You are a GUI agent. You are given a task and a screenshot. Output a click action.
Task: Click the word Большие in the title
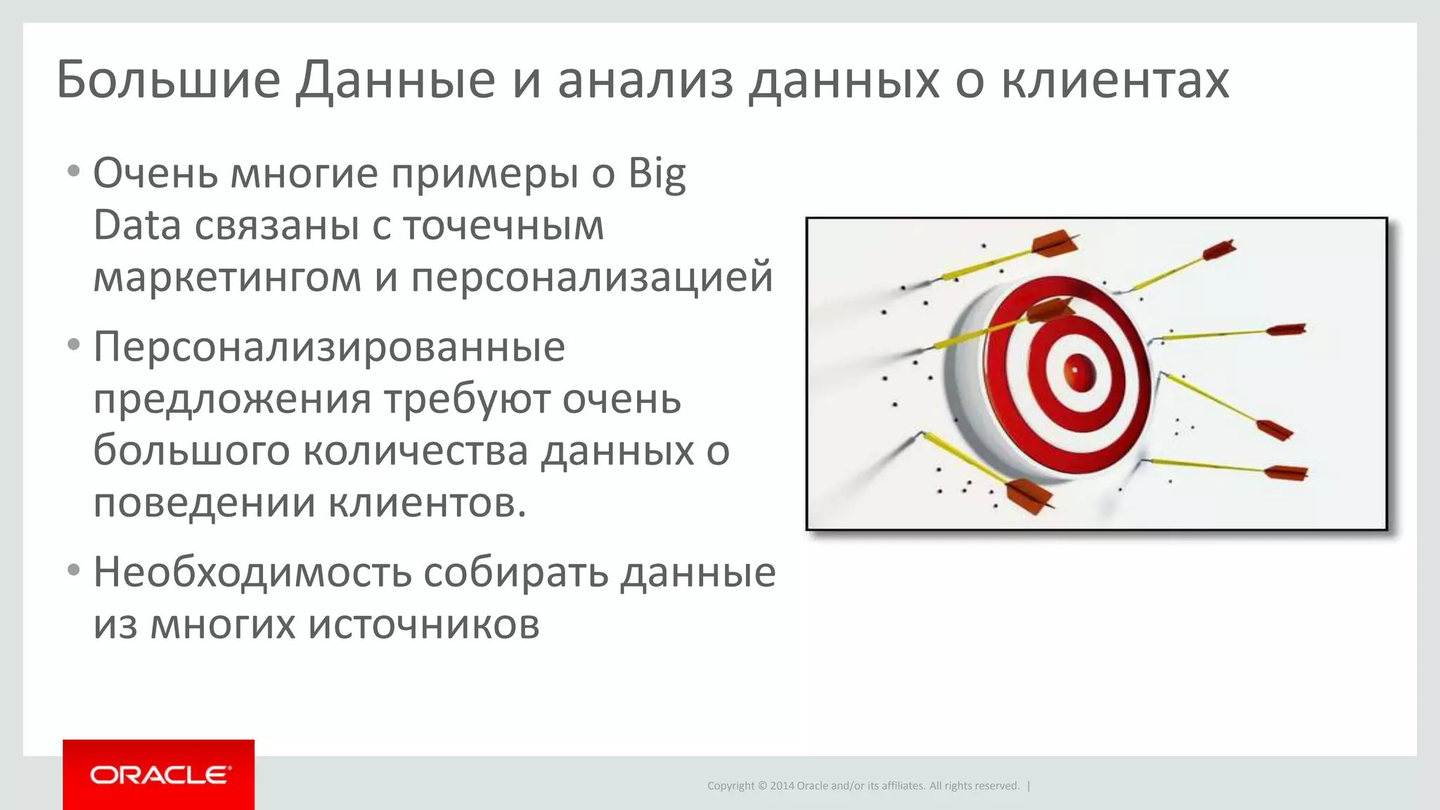(169, 80)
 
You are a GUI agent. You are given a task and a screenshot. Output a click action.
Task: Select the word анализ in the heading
(645, 80)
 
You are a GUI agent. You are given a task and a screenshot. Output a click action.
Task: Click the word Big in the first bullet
(657, 174)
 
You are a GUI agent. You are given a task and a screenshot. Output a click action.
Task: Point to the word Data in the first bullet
(137, 226)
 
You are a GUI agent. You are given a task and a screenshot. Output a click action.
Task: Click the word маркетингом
(227, 277)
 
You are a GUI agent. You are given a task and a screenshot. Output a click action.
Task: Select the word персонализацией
(592, 277)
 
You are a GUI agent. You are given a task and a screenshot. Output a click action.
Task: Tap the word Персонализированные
(329, 347)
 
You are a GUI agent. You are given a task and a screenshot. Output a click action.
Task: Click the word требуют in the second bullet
(467, 399)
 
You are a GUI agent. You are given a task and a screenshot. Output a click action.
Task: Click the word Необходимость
(252, 572)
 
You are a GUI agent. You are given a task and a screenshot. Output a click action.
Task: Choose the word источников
(424, 624)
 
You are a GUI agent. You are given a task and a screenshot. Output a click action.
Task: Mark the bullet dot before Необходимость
(74, 570)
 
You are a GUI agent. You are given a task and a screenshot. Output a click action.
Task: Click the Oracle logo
(159, 775)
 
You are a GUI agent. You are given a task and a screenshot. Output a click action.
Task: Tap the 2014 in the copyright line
(782, 786)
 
